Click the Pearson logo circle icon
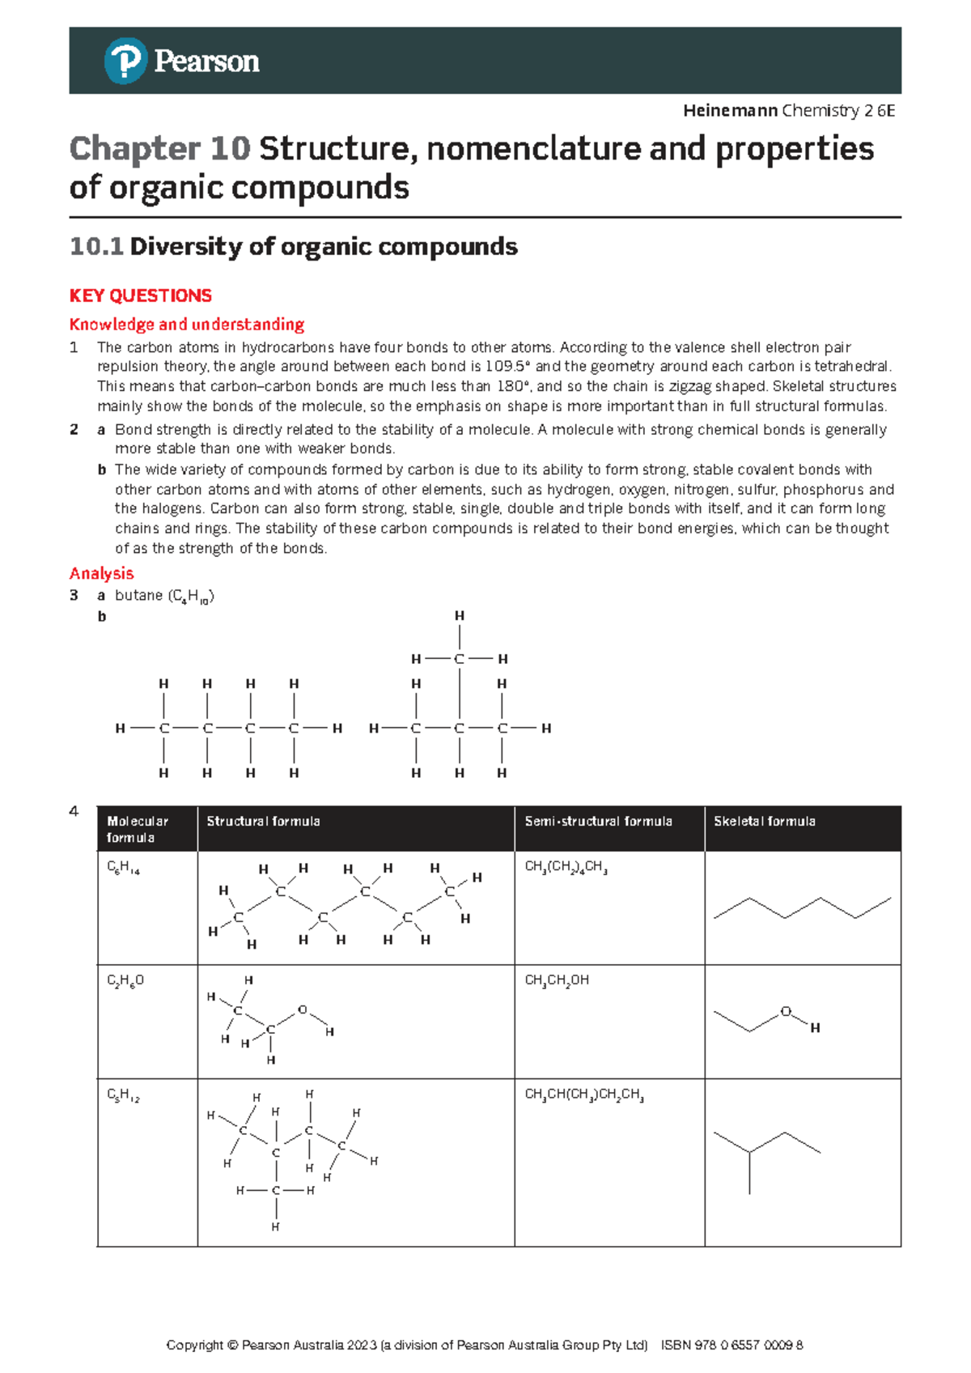coord(125,61)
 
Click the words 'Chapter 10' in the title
coord(159,149)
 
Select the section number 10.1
coord(95,247)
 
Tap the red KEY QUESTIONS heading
coord(140,295)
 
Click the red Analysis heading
coord(101,574)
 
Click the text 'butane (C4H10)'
coord(164,596)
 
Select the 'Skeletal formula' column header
coord(764,822)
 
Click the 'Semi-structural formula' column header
coord(598,822)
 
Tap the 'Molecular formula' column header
coord(137,829)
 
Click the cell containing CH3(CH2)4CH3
coord(566,867)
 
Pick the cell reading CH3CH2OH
coord(557,980)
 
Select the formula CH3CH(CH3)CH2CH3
coord(583,1095)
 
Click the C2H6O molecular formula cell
coord(125,981)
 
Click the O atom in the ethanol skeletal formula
coord(785,1011)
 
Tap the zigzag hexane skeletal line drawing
coord(802,908)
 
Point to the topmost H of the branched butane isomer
coord(459,616)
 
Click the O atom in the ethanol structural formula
coord(303,1010)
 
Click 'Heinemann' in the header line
coord(730,111)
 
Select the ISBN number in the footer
coord(731,1345)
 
